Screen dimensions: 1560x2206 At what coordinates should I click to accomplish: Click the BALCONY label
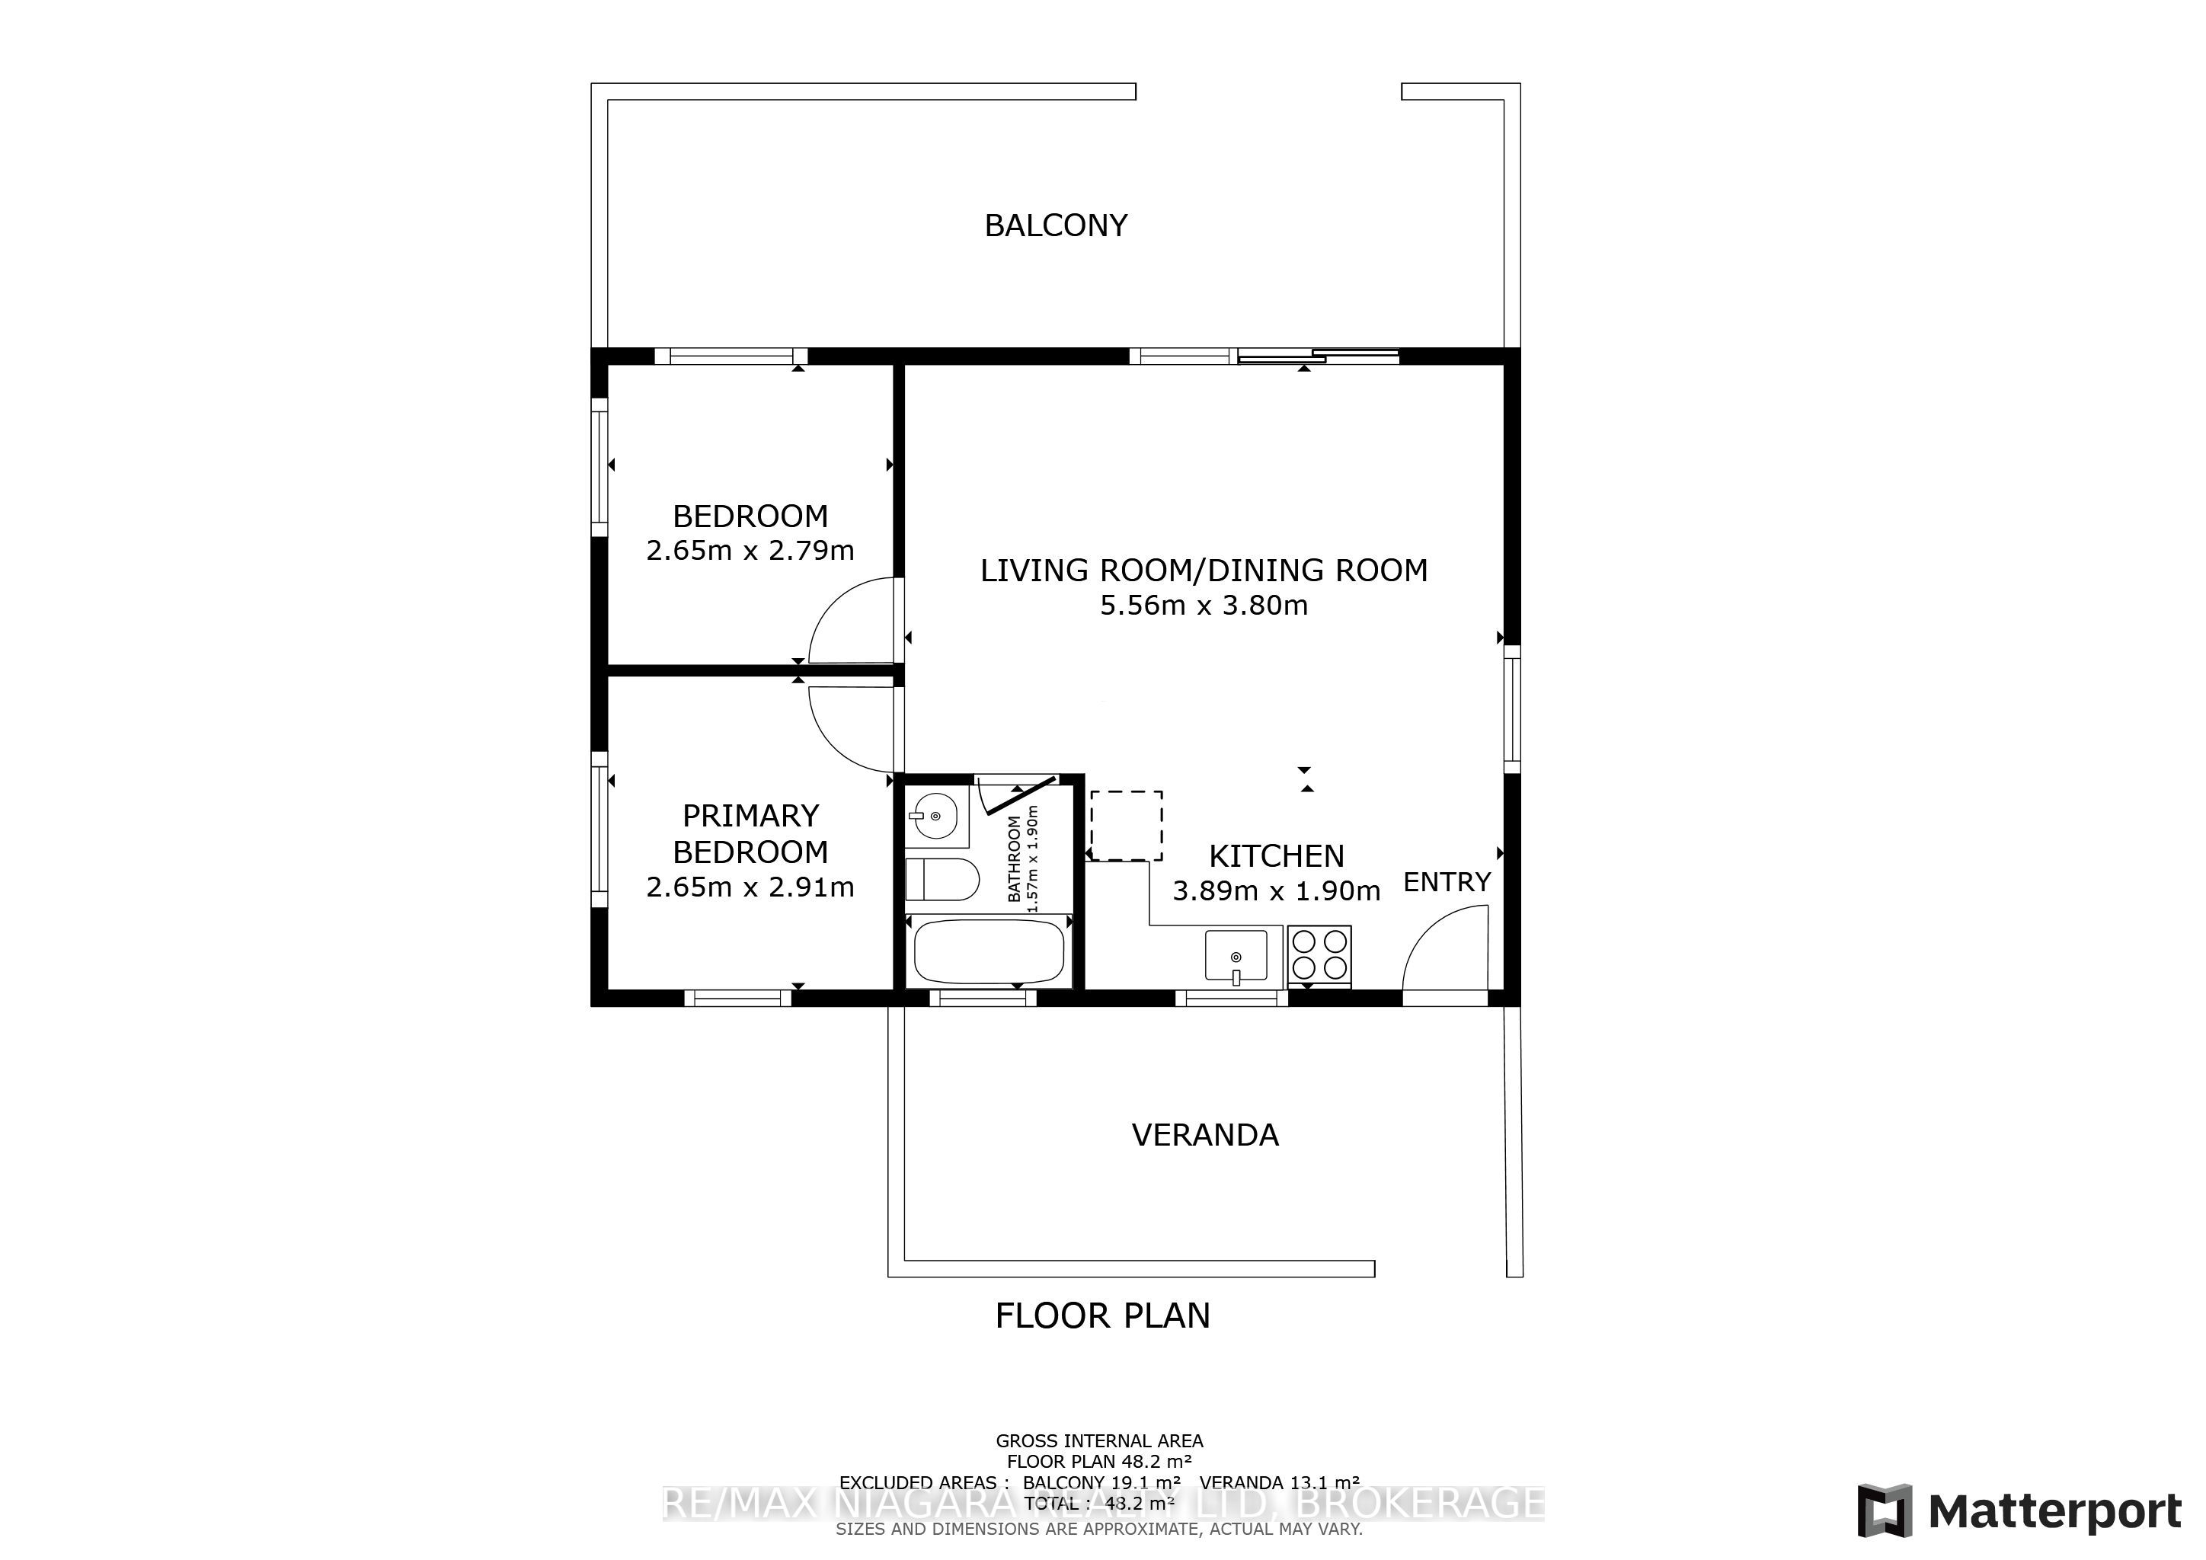(x=1055, y=225)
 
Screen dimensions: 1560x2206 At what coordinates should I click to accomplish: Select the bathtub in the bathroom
(x=989, y=951)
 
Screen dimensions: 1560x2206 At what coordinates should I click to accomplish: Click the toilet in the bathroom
(x=942, y=879)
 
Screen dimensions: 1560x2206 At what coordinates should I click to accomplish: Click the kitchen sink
(x=1236, y=956)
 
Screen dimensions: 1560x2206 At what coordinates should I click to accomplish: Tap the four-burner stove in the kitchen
(x=1320, y=954)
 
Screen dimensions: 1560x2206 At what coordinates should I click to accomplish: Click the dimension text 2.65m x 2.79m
(x=750, y=551)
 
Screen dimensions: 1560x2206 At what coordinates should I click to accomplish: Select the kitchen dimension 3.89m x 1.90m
(x=1276, y=891)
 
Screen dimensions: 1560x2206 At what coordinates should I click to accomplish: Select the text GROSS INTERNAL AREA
(x=1099, y=1441)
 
